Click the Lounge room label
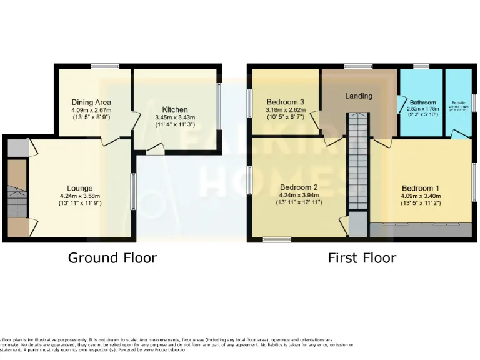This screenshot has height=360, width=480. click(80, 188)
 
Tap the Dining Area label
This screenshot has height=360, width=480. click(91, 102)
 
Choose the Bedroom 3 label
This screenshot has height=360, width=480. click(285, 102)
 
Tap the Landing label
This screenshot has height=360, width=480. click(359, 96)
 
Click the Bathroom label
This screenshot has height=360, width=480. click(422, 102)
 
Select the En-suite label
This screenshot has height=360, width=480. click(459, 102)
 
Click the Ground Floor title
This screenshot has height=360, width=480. click(112, 257)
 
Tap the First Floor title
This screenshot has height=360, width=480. click(362, 257)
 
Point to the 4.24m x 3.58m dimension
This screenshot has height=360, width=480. click(80, 196)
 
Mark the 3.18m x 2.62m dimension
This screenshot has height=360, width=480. click(285, 110)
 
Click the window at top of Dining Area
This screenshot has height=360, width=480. click(101, 66)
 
